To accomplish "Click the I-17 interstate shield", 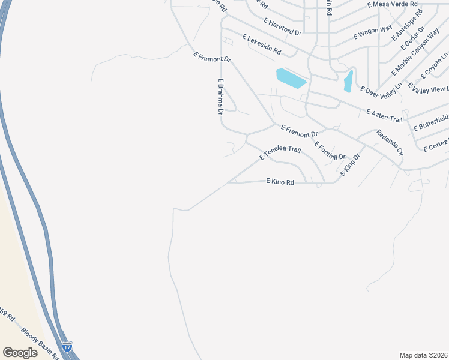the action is coord(68,347).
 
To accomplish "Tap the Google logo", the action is coord(20,352).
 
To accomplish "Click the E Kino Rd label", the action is coord(280,182).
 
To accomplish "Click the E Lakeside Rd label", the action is coord(262,45).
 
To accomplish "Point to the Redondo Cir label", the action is coord(389,143).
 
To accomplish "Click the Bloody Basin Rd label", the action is coord(40,342).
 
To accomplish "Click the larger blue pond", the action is coord(291,77).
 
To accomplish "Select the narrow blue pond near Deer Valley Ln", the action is coord(348,81).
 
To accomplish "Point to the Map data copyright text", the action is coord(424,355).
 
